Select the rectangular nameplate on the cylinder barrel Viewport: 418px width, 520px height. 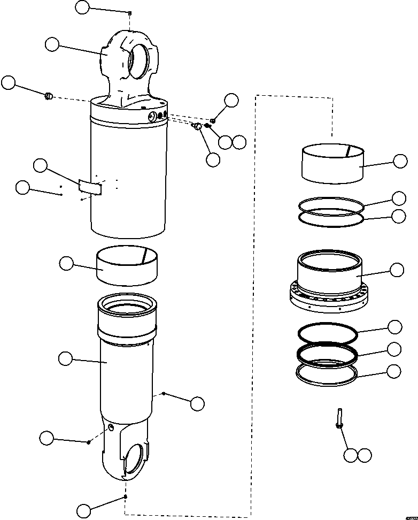[x=90, y=186]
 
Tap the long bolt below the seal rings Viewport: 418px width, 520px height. [x=339, y=418]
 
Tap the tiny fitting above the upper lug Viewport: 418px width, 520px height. [x=130, y=13]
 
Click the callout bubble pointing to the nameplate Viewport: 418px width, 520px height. [x=40, y=166]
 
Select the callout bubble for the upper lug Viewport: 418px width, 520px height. [x=52, y=44]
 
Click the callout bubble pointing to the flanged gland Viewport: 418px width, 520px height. [x=397, y=270]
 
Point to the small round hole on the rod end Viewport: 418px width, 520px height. [x=111, y=427]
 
